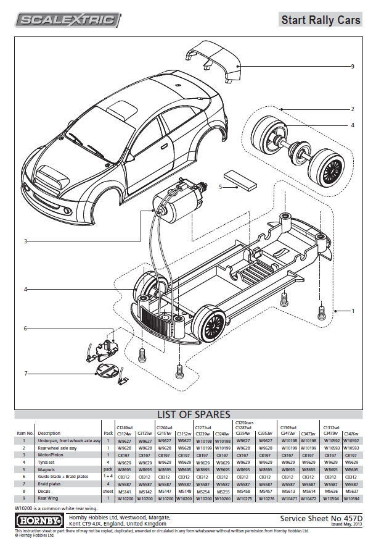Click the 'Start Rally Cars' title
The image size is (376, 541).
tap(321, 20)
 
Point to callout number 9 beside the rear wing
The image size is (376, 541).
tap(352, 66)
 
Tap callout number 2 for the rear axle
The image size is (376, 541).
tap(352, 109)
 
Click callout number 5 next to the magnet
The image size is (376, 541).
tap(221, 186)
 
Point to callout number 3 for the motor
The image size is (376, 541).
tap(26, 241)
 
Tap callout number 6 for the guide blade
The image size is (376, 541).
tap(26, 329)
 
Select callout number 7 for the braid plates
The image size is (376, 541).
tap(26, 373)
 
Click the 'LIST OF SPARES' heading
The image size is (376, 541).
tap(194, 414)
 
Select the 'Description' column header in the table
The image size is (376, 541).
tap(49, 433)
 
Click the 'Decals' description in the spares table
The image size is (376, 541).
tap(46, 491)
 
